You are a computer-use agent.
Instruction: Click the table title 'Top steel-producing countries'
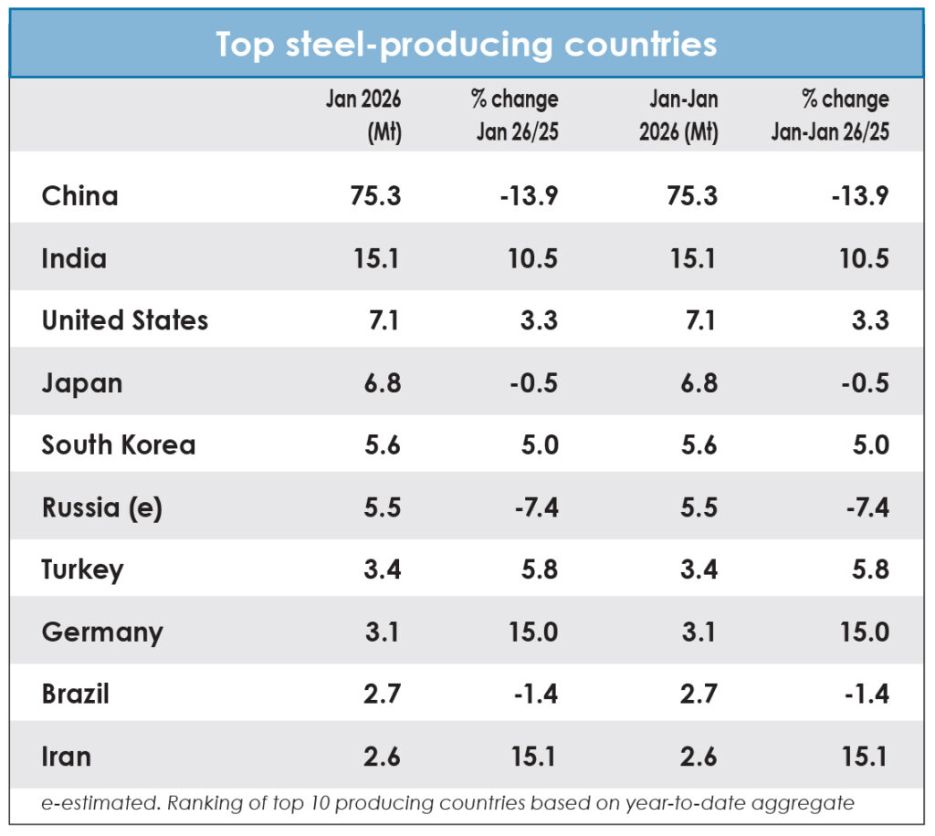click(467, 45)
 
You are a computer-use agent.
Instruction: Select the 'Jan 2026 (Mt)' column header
click(363, 116)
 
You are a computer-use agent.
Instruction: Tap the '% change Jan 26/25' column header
click(516, 116)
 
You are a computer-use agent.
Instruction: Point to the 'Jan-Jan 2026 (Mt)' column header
click(678, 116)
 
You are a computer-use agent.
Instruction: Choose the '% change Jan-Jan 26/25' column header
click(831, 116)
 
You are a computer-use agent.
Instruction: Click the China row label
click(80, 196)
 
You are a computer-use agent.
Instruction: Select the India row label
click(74, 258)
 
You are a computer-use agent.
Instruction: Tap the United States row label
click(125, 320)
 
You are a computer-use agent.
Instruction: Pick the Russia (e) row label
click(102, 507)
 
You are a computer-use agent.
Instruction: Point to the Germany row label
click(102, 632)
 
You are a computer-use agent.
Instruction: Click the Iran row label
click(67, 756)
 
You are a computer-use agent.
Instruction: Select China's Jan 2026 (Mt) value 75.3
click(375, 196)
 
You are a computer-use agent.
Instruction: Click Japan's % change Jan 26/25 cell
click(533, 383)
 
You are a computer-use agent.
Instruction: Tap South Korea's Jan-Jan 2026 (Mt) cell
click(699, 445)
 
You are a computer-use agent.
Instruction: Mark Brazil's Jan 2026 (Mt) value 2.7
click(383, 694)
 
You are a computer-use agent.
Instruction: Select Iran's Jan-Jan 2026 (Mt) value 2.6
click(699, 756)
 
